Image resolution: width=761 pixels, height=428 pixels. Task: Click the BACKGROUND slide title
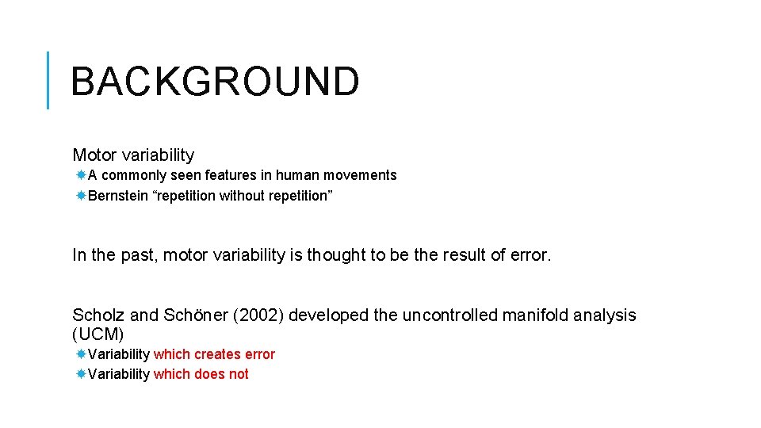coord(215,82)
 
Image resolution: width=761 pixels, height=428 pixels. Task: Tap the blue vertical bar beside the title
coord(48,80)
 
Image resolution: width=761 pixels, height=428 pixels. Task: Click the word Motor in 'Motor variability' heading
coord(94,155)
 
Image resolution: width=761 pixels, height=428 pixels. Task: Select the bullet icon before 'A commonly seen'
coord(81,175)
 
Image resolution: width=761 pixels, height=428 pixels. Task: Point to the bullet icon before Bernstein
coord(81,196)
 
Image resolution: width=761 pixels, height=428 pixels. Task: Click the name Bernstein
coord(118,196)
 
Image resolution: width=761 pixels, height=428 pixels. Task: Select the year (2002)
coord(258,315)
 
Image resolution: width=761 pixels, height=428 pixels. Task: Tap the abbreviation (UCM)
coord(98,335)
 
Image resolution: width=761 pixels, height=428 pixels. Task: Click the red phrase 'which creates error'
coord(214,354)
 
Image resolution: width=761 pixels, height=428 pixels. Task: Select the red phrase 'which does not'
coord(201,374)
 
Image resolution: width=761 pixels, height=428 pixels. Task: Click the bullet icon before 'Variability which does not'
coord(81,374)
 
